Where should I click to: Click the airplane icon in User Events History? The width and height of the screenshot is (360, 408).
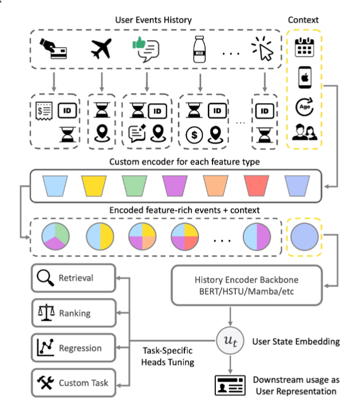tap(101, 48)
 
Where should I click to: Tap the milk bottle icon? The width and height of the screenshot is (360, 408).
tap(200, 49)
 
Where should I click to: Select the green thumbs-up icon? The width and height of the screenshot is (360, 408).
tap(139, 43)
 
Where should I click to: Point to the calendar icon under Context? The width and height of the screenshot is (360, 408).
tap(304, 47)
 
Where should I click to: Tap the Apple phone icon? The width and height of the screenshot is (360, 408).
tap(305, 77)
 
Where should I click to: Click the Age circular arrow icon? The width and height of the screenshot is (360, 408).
tap(304, 107)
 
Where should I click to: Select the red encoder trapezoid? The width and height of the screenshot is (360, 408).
tap(256, 186)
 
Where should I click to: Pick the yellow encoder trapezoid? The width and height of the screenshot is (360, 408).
tap(94, 186)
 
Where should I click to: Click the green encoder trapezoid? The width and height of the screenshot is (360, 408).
tap(134, 186)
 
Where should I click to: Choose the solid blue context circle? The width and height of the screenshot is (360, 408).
tap(304, 237)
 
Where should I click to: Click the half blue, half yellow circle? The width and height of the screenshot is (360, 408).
tap(100, 237)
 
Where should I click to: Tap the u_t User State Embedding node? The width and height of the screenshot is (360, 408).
tap(230, 341)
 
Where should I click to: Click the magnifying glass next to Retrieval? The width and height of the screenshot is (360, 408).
tap(46, 278)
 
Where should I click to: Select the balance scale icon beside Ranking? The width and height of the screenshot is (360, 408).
tap(46, 313)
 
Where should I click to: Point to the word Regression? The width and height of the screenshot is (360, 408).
tap(80, 348)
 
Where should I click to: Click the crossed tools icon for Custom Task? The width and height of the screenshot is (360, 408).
tap(46, 382)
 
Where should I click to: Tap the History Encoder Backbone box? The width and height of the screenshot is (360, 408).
tap(247, 285)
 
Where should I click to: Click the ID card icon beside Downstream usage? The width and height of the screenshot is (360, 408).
tap(230, 385)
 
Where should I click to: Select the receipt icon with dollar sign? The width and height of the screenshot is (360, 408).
tap(44, 111)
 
